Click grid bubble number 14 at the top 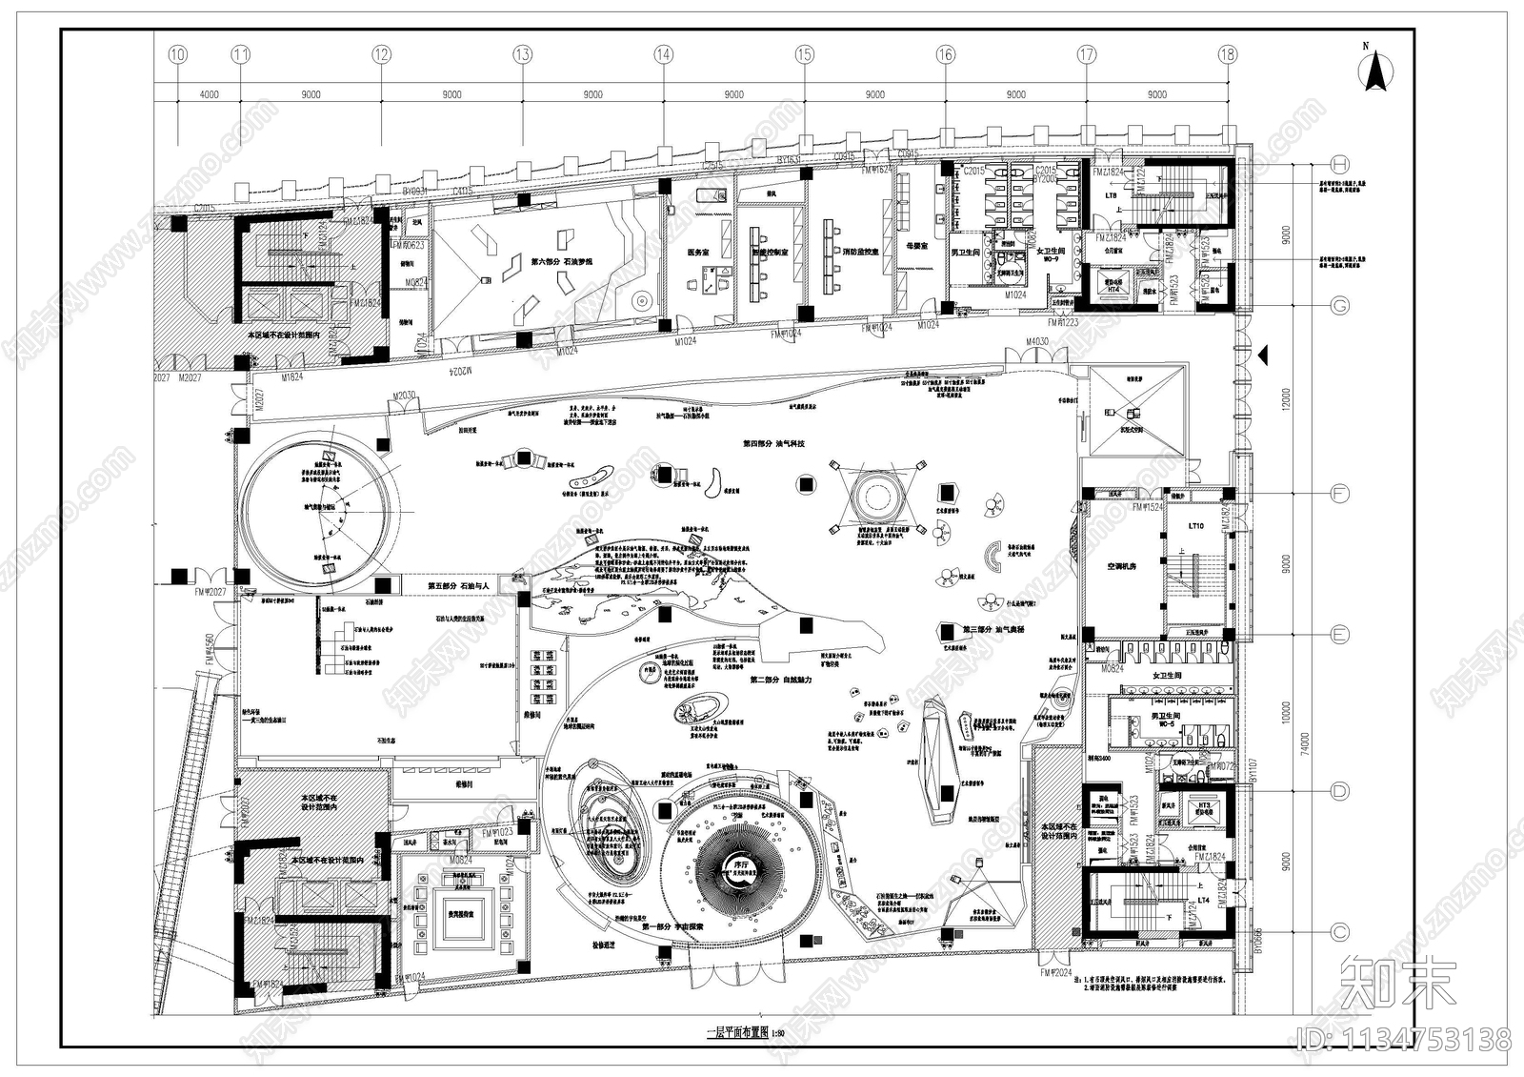pos(663,55)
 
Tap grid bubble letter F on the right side pos(1339,494)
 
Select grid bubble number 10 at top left pos(177,55)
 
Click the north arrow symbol pos(1375,72)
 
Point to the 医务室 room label pos(698,253)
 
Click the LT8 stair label pos(1111,195)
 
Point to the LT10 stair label pos(1195,526)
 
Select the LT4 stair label pos(1203,899)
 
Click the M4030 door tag pos(1037,341)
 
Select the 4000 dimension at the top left pos(209,94)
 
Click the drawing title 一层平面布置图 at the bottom pos(735,1033)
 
